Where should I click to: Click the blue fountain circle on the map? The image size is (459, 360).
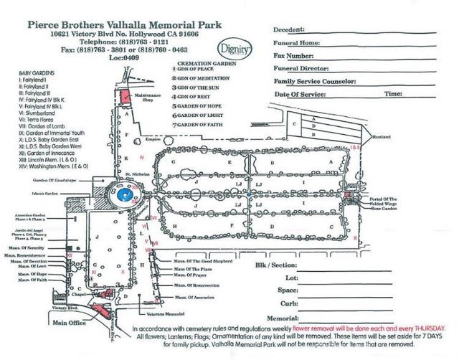point(127,195)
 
